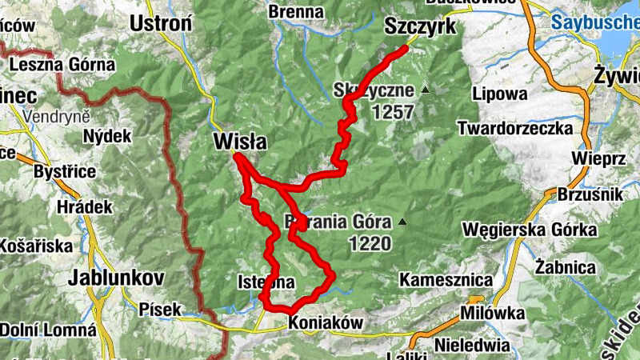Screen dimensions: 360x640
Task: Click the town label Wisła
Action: (240, 142)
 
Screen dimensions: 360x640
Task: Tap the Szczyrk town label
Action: (420, 26)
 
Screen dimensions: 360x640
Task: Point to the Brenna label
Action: (296, 11)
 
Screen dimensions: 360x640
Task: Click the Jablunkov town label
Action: (116, 278)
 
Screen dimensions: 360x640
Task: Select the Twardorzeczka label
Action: (515, 128)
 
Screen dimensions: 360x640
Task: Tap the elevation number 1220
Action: (370, 244)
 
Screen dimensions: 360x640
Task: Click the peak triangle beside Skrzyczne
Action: (425, 90)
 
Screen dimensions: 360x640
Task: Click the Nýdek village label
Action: (107, 136)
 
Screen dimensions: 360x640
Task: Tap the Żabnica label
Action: (566, 266)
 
